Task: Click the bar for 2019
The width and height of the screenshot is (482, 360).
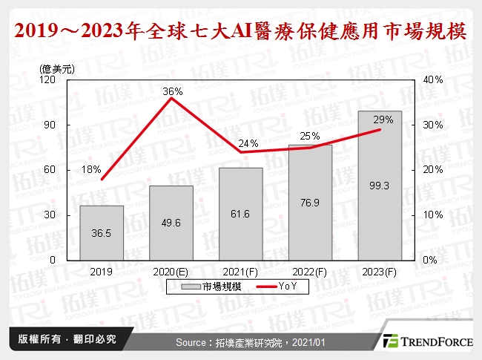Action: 102,232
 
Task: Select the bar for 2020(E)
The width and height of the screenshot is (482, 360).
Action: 171,223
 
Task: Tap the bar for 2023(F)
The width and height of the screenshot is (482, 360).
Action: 380,186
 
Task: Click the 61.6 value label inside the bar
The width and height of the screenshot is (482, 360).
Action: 240,235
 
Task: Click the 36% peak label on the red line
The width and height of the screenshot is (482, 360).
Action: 173,91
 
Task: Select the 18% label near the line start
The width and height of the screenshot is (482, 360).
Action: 91,169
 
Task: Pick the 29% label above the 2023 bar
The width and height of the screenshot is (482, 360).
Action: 383,120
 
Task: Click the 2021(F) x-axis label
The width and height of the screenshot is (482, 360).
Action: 240,272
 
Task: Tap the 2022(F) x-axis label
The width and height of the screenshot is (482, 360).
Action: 310,272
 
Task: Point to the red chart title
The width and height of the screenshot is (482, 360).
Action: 241,30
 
